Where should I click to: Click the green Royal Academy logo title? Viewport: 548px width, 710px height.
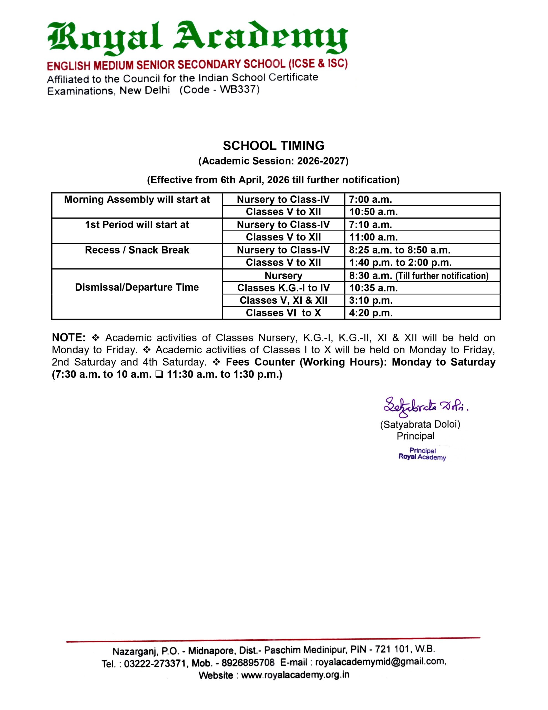tap(197, 38)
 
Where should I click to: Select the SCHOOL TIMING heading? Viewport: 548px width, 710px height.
tap(273, 146)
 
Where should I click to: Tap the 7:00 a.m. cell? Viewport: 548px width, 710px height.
tap(370, 199)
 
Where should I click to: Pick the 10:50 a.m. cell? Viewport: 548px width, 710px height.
tap(373, 212)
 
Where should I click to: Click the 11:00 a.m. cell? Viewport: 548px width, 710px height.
tap(373, 237)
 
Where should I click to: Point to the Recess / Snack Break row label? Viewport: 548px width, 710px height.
tap(137, 250)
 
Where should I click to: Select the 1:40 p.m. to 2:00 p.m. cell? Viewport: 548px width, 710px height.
tap(400, 262)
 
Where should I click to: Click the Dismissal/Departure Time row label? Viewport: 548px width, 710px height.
tap(137, 287)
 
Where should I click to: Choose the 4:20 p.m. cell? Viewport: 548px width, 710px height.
tap(371, 313)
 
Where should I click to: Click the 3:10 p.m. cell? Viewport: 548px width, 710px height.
tap(371, 300)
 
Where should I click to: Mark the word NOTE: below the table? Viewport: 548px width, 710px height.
tap(68, 338)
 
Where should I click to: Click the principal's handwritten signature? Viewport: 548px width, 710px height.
tap(425, 407)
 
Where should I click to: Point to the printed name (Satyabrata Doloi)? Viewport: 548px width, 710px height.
tap(420, 425)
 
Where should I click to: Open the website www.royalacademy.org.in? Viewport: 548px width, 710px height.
tap(295, 675)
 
